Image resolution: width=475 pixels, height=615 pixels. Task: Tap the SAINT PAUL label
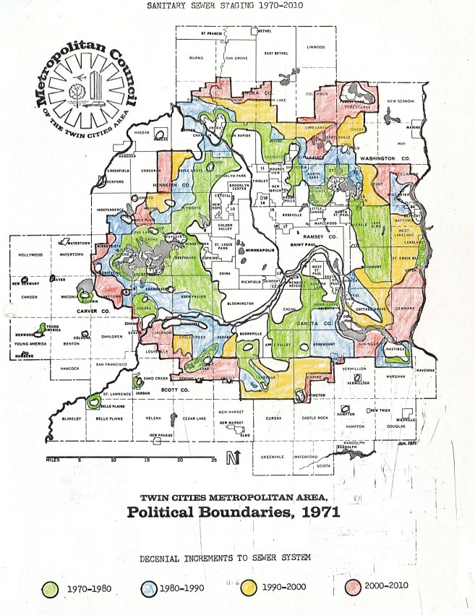pyautogui.click(x=306, y=247)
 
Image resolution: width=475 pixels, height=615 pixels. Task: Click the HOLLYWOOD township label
pyautogui.click(x=30, y=255)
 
